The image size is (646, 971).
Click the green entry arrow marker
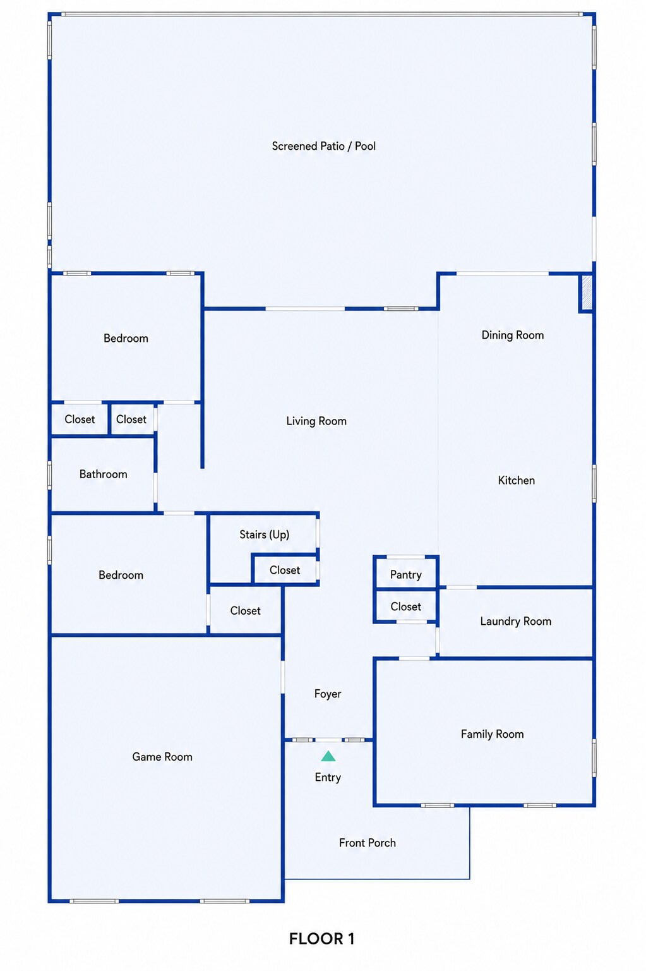coord(328,756)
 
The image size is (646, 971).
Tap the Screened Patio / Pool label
coord(324,146)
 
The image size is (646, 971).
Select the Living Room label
coord(316,421)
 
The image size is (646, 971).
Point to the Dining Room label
coord(513,335)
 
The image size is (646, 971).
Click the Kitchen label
coord(516,480)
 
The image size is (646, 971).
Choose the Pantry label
coord(405,575)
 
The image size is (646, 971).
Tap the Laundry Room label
coord(515,621)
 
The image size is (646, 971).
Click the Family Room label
coord(492,734)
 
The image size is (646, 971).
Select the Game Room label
coord(162,756)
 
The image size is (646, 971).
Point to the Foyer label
coord(328,694)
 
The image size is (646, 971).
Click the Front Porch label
coord(368,843)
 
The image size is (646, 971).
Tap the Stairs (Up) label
coord(265,534)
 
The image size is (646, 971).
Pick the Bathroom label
coord(103,474)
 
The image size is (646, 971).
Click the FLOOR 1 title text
coord(321,939)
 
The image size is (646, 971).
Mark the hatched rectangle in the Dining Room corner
coord(587,293)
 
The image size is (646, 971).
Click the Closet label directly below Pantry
coord(405,606)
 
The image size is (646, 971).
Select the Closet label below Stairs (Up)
coord(285,570)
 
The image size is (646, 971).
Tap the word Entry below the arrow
coord(328,777)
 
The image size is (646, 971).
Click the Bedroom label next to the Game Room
coord(121,576)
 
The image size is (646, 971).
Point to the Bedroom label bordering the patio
coord(126,338)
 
